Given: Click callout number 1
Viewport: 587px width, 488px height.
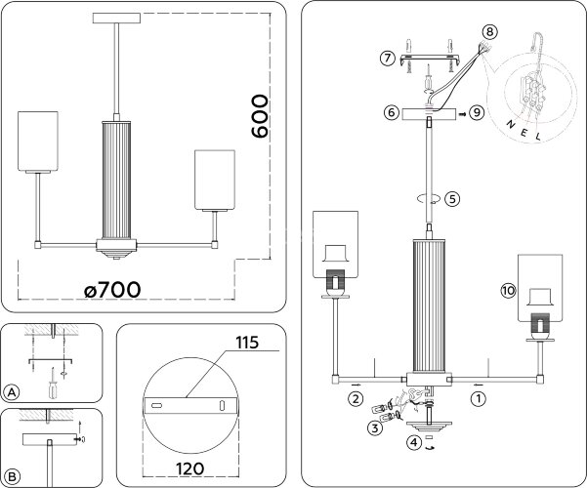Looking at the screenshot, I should point(478,398).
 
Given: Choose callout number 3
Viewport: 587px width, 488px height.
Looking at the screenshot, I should point(375,427).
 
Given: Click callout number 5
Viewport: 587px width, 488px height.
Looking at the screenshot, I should point(452,198).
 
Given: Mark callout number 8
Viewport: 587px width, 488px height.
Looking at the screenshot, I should point(489,31).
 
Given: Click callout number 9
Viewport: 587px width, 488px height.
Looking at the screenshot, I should point(477,113).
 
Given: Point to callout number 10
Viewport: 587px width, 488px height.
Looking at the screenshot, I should point(507,291).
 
